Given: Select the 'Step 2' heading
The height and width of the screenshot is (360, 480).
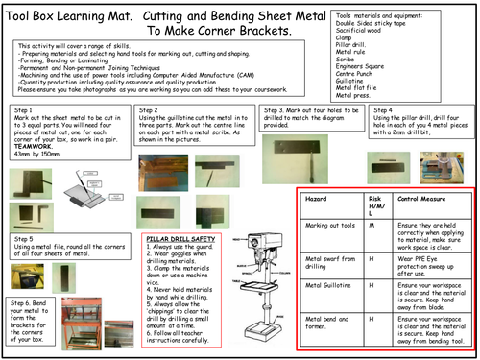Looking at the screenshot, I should [x=152, y=111].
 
